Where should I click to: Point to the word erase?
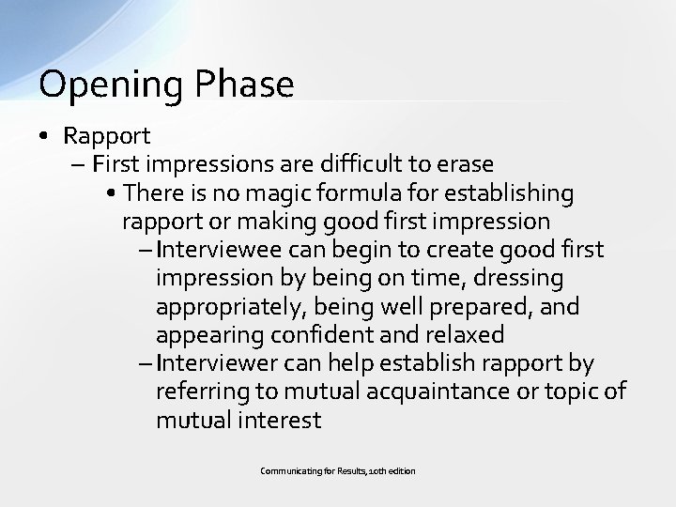point(461,164)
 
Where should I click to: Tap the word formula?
point(358,192)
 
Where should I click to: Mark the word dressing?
point(530,278)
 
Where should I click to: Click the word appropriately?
point(225,307)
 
